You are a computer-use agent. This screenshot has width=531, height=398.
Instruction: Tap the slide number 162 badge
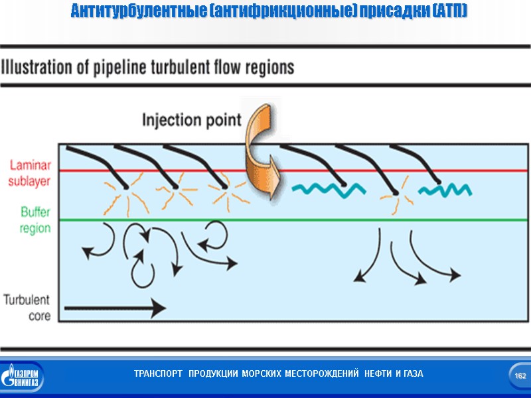point(520,376)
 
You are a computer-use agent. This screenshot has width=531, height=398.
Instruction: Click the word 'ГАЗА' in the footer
point(412,374)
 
